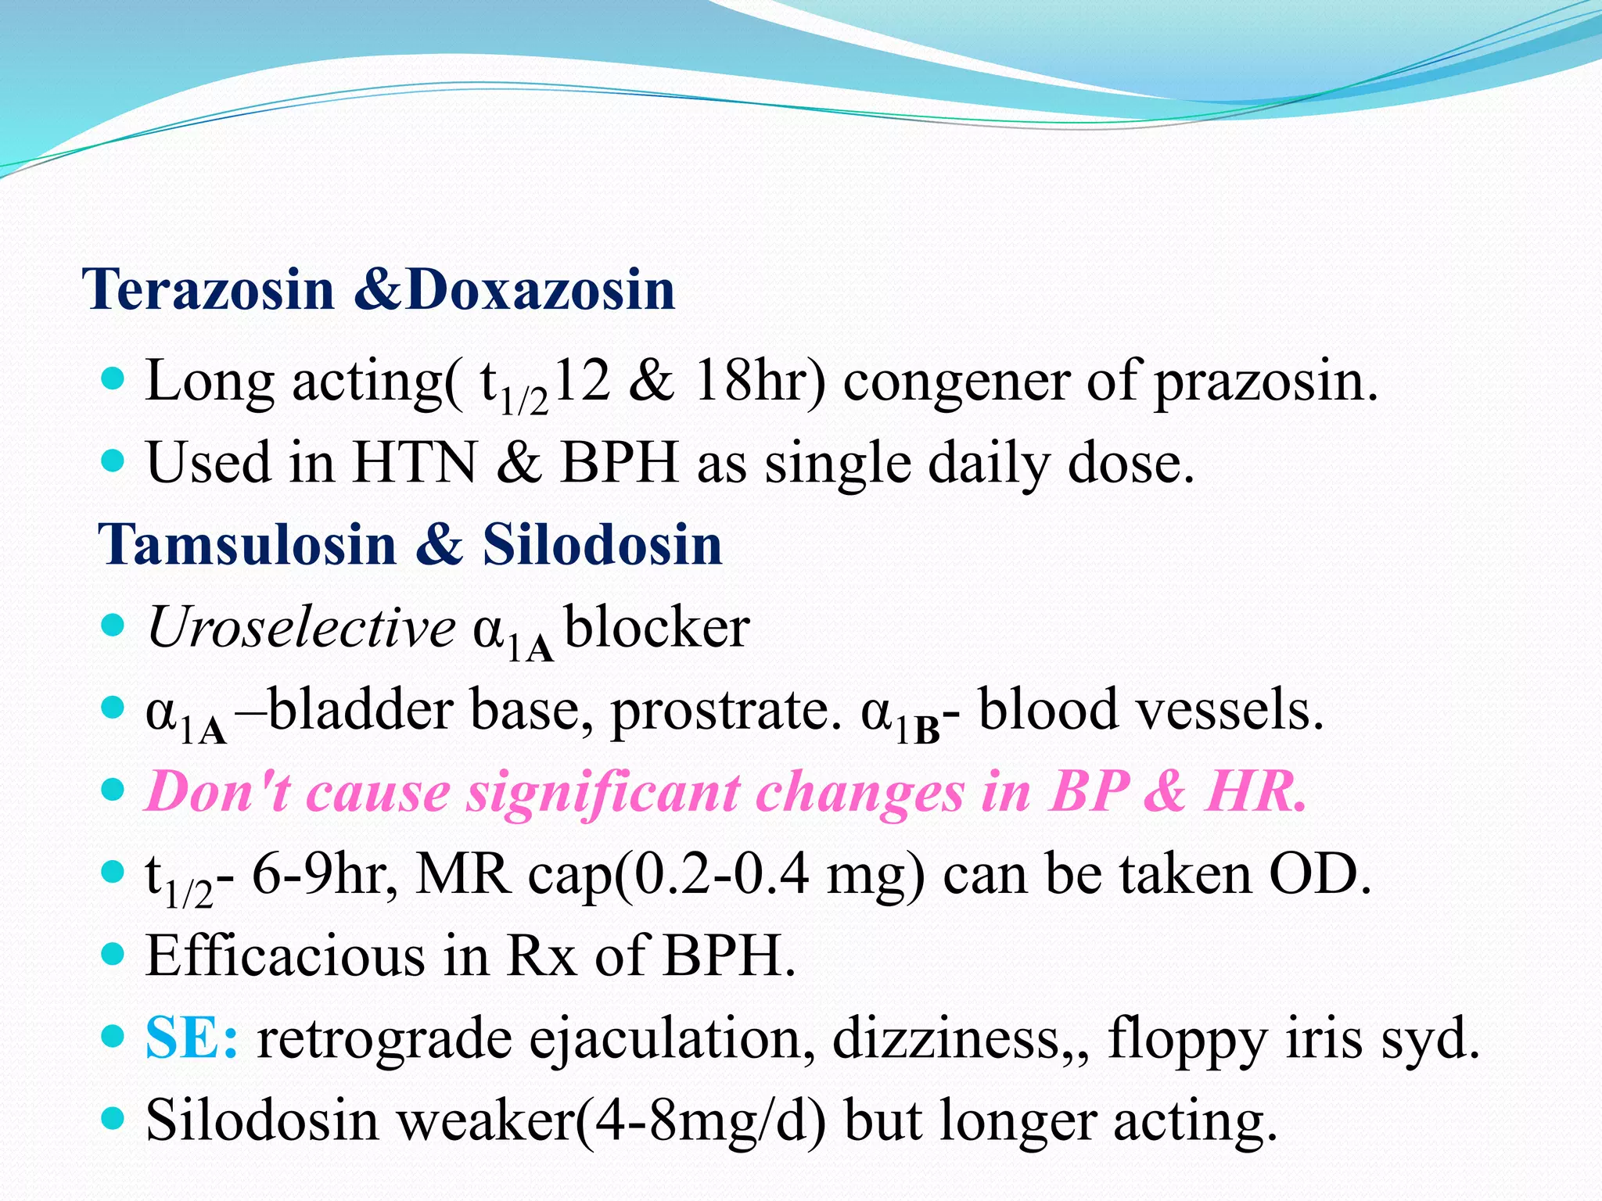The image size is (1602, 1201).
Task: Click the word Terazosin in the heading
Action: coord(212,289)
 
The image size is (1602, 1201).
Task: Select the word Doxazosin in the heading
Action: coord(541,289)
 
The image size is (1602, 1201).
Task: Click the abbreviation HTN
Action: coord(415,463)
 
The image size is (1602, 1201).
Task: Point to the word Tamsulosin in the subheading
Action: coord(247,544)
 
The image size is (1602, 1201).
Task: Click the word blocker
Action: coord(657,627)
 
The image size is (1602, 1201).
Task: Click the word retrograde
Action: coord(384,1040)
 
